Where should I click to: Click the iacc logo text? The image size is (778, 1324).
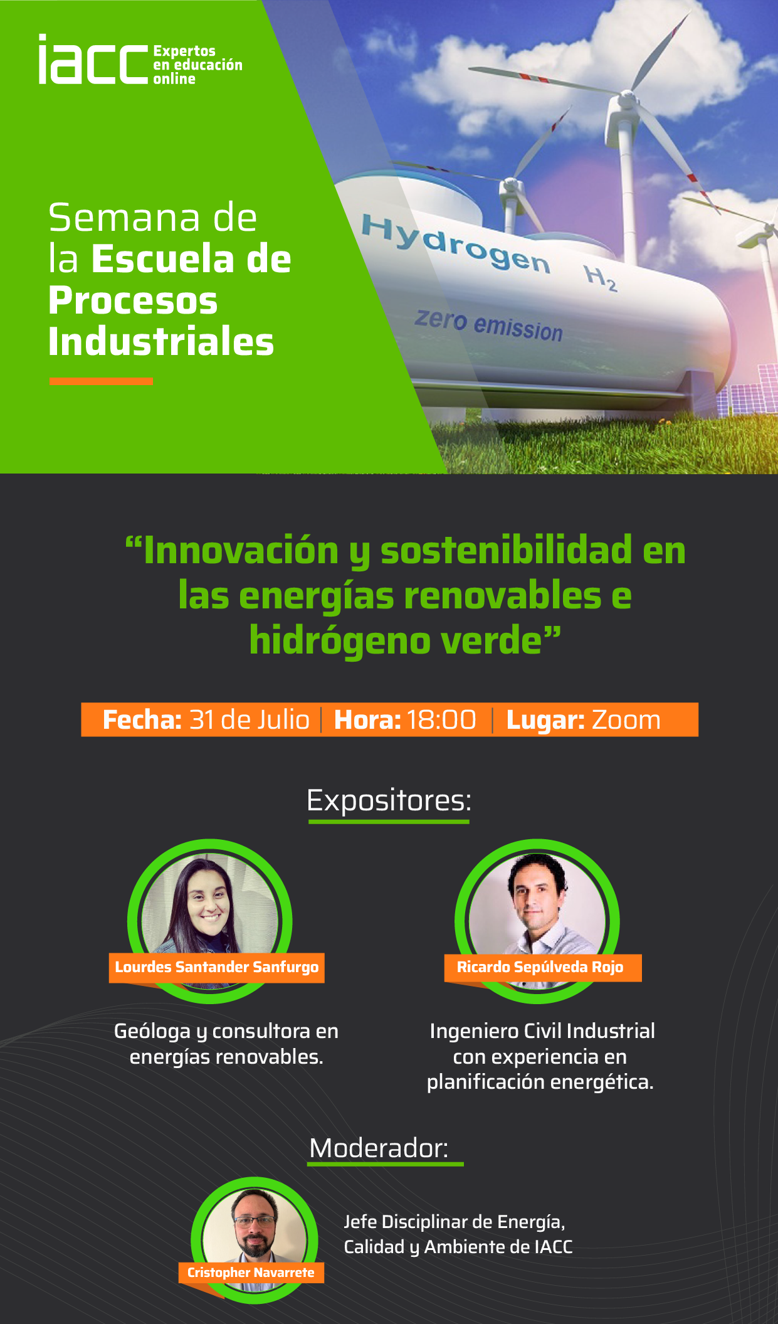pos(93,59)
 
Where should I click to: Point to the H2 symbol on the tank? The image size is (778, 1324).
pos(600,278)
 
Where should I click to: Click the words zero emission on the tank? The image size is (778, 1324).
pos(488,325)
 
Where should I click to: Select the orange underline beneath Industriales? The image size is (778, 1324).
pos(101,381)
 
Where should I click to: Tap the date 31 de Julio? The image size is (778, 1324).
pos(249,719)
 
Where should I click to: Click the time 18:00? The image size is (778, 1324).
pos(441,719)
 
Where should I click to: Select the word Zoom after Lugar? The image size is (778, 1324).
pos(626,720)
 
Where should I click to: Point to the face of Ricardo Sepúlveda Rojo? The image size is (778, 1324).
pos(535,896)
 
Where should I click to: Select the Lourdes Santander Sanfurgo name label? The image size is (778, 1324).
pos(217,967)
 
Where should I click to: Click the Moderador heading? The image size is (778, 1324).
pos(379,1148)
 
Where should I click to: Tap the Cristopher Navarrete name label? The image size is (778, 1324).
pos(251,1273)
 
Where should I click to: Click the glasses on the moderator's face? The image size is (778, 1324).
pos(255,1221)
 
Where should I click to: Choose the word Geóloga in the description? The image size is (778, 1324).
pos(152,1032)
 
